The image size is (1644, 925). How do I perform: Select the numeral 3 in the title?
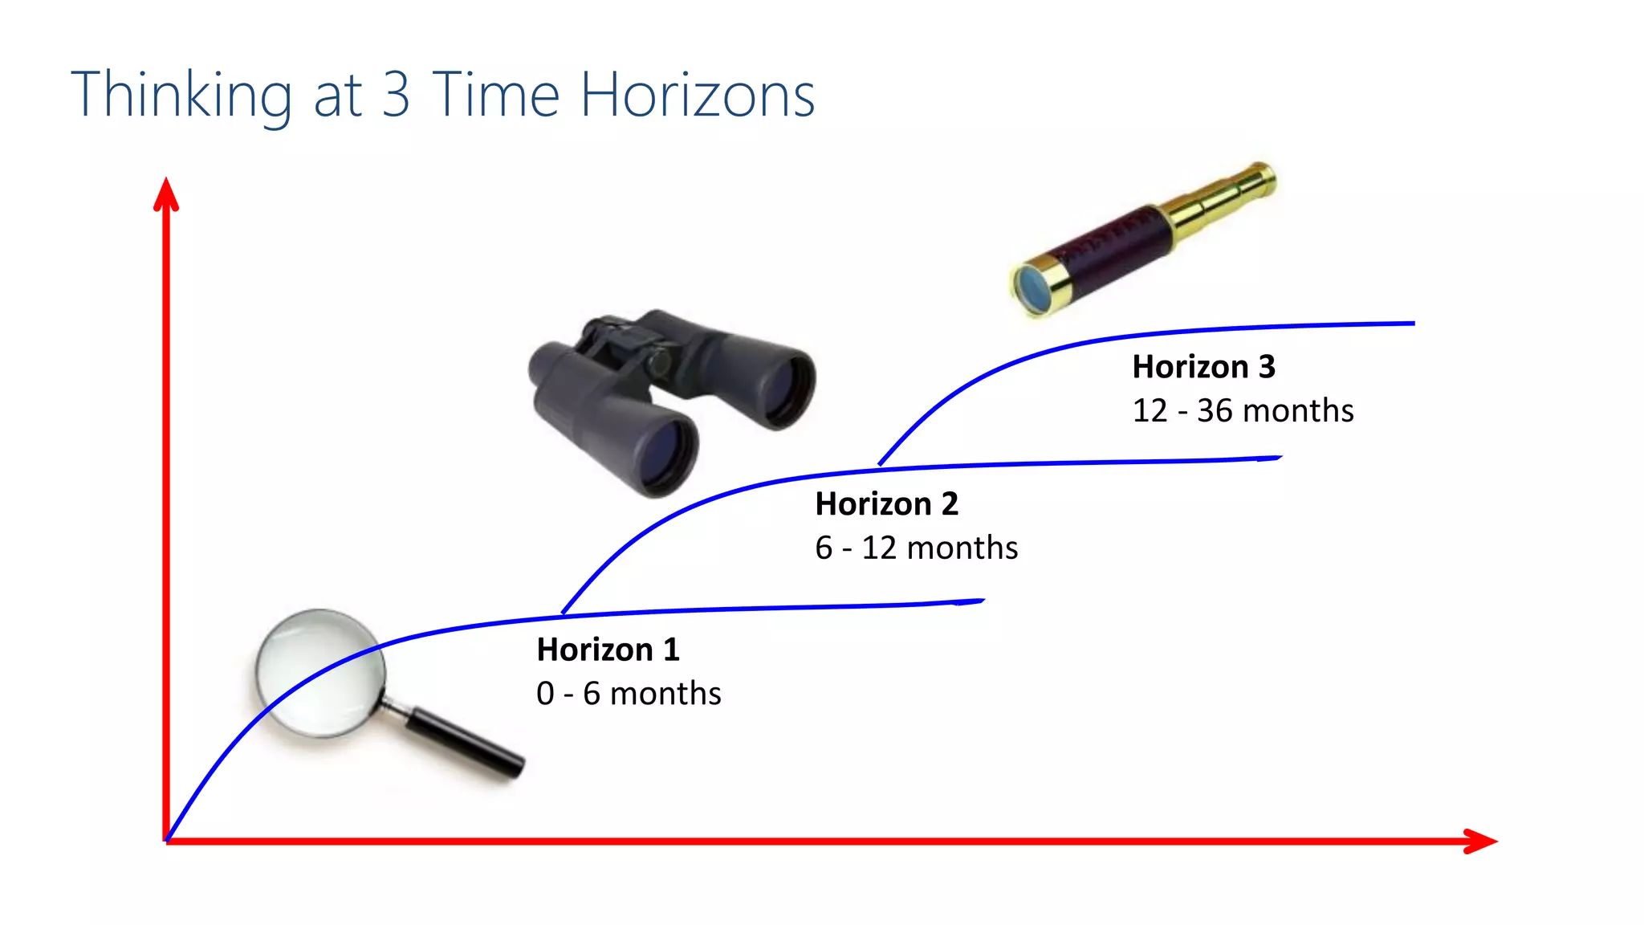click(396, 96)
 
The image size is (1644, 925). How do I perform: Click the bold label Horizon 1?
click(608, 650)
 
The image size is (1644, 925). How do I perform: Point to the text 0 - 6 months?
click(629, 693)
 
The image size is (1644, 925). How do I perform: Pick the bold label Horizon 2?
click(886, 504)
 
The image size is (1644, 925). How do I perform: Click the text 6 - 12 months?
click(916, 548)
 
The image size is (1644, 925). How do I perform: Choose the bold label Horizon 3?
click(1203, 367)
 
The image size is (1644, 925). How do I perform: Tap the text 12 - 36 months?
click(1243, 410)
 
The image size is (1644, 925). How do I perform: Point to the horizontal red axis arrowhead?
click(1481, 841)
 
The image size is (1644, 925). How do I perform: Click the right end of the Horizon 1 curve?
click(981, 601)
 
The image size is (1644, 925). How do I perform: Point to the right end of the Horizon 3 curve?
click(1412, 324)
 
